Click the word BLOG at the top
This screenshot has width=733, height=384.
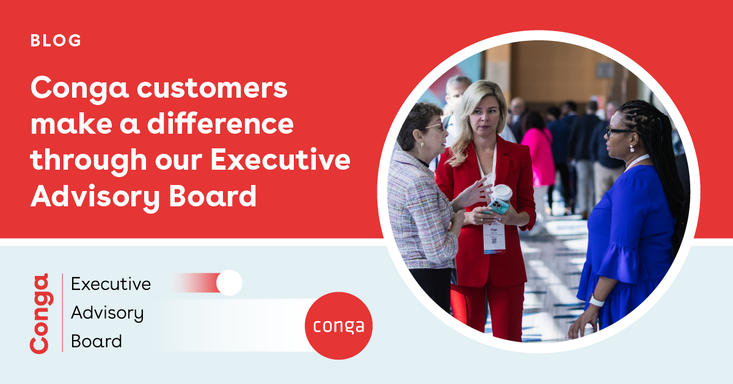(56, 41)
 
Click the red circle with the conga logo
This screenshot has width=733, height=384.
(338, 325)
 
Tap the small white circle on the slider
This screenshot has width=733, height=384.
(229, 283)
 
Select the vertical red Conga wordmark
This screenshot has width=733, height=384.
(40, 313)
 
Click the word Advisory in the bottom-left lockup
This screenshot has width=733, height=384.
(108, 313)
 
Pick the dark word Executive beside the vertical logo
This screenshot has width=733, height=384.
(111, 284)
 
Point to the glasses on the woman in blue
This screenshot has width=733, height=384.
(617, 131)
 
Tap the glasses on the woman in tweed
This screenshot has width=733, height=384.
(435, 126)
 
